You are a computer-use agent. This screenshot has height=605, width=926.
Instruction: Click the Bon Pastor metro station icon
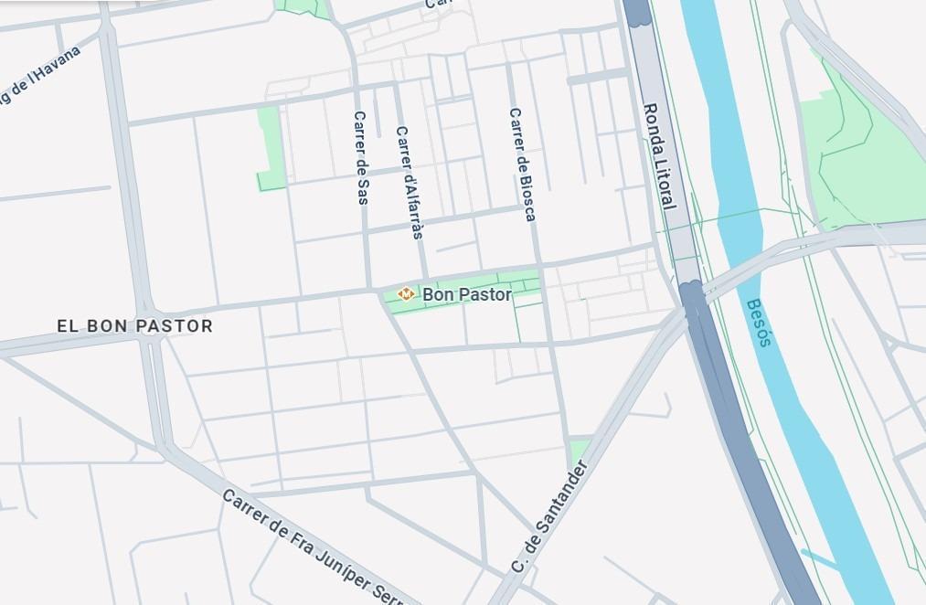[x=405, y=293]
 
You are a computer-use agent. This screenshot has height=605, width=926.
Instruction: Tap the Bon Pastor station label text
[x=466, y=294]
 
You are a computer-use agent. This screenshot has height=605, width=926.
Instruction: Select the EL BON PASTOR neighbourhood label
[x=134, y=325]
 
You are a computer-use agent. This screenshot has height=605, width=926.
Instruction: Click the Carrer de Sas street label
[x=361, y=157]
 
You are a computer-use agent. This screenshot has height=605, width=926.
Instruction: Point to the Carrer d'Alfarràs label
[x=410, y=182]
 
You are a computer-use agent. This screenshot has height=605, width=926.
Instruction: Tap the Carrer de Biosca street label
[x=522, y=165]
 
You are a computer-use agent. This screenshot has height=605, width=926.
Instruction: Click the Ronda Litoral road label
[x=659, y=155]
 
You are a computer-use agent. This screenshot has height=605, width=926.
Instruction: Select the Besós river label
[x=759, y=323]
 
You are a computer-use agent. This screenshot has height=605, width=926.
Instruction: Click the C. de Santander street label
[x=549, y=517]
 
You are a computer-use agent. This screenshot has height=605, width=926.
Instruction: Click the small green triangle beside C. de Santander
[x=579, y=451]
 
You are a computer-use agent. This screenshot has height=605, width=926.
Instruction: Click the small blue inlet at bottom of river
[x=819, y=557]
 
